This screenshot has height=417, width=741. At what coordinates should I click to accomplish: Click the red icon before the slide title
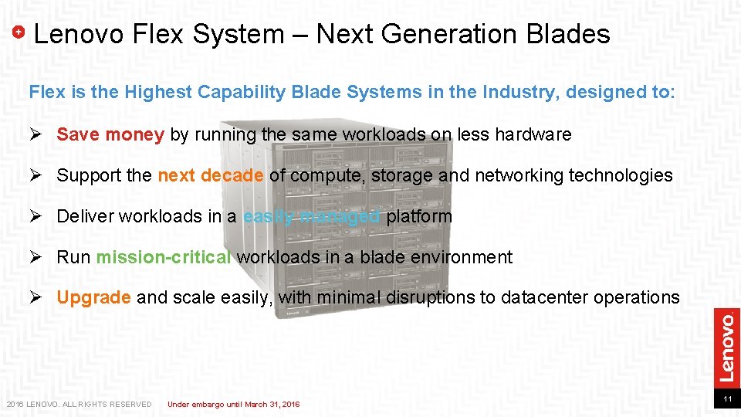20,32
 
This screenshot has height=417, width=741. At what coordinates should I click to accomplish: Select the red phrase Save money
110,134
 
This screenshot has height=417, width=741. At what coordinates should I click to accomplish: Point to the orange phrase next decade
211,175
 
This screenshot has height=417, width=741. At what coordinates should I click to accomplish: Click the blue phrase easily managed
311,216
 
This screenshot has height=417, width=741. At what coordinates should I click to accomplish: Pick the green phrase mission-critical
164,257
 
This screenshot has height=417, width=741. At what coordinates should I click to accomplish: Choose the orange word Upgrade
94,297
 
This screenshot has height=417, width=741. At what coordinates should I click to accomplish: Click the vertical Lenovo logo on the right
726,345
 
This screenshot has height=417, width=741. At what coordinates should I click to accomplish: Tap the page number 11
726,399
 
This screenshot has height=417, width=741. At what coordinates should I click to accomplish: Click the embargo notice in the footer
234,404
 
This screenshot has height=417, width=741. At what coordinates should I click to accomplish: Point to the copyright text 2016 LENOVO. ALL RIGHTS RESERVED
79,404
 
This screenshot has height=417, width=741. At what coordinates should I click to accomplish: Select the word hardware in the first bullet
533,134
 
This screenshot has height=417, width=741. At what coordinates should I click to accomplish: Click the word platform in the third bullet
419,216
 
